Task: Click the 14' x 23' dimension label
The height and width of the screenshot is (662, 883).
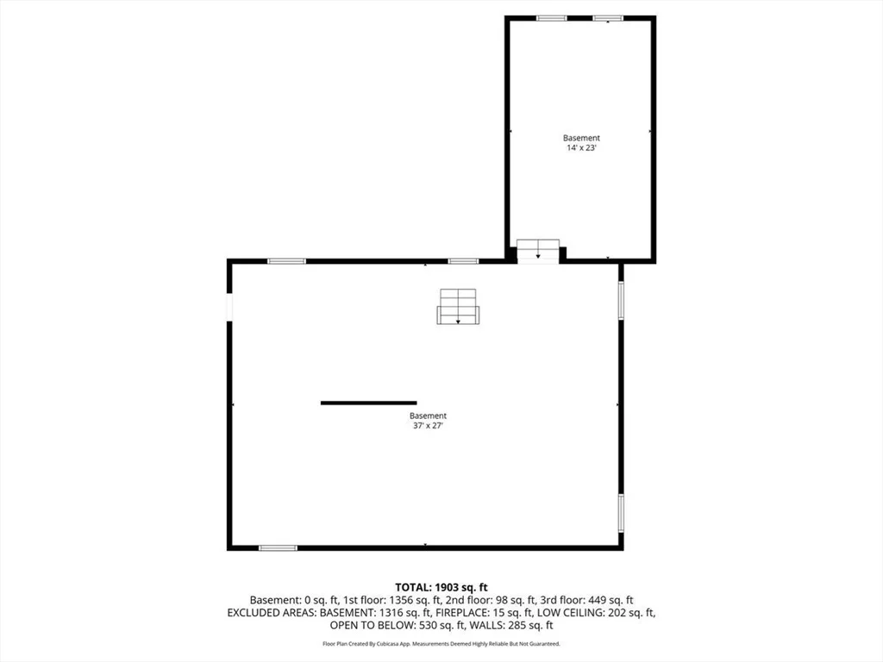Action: click(581, 148)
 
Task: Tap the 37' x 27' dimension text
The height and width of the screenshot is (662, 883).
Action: click(428, 426)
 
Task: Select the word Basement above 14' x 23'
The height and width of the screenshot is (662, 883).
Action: click(581, 138)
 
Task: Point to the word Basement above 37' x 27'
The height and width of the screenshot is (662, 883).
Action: click(428, 416)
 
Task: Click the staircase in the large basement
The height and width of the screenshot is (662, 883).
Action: click(458, 307)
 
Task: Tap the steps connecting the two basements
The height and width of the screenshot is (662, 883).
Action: click(538, 251)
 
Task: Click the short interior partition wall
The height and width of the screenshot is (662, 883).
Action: click(369, 403)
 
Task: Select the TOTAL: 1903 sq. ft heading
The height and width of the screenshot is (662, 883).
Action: click(441, 588)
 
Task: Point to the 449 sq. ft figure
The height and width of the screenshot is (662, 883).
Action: click(611, 601)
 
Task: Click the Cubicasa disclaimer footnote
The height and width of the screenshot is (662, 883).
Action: click(441, 643)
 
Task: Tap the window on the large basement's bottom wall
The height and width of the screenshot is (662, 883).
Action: click(278, 547)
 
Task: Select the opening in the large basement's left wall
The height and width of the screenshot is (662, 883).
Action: click(229, 307)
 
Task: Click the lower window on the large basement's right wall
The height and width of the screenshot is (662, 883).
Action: click(621, 513)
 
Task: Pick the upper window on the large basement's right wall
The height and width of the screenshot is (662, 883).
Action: click(621, 300)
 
